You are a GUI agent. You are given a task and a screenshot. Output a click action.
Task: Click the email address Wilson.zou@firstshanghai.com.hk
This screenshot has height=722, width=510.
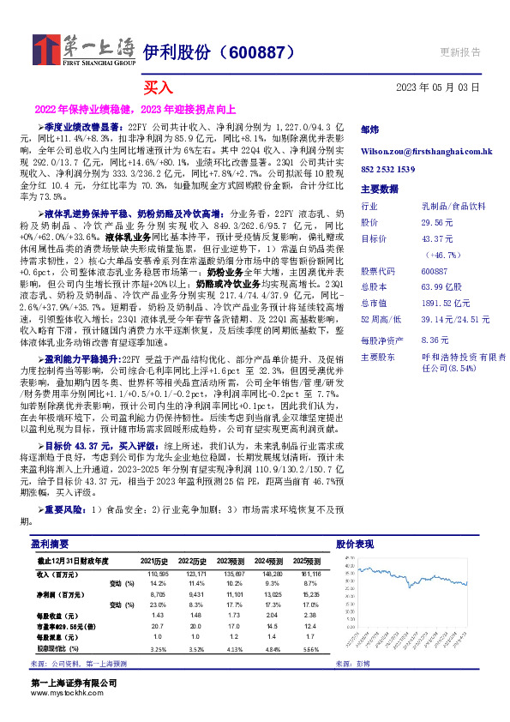(x=427, y=151)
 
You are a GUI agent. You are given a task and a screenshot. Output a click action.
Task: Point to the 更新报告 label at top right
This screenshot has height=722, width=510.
(x=459, y=51)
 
